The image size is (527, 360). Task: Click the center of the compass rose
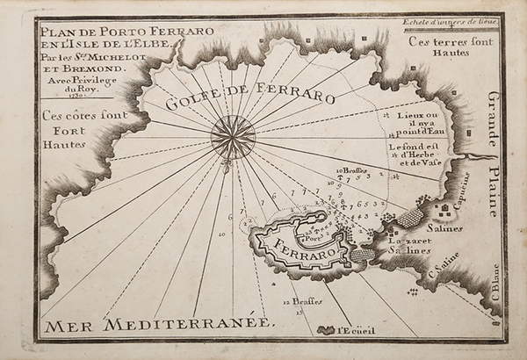point(233,137)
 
